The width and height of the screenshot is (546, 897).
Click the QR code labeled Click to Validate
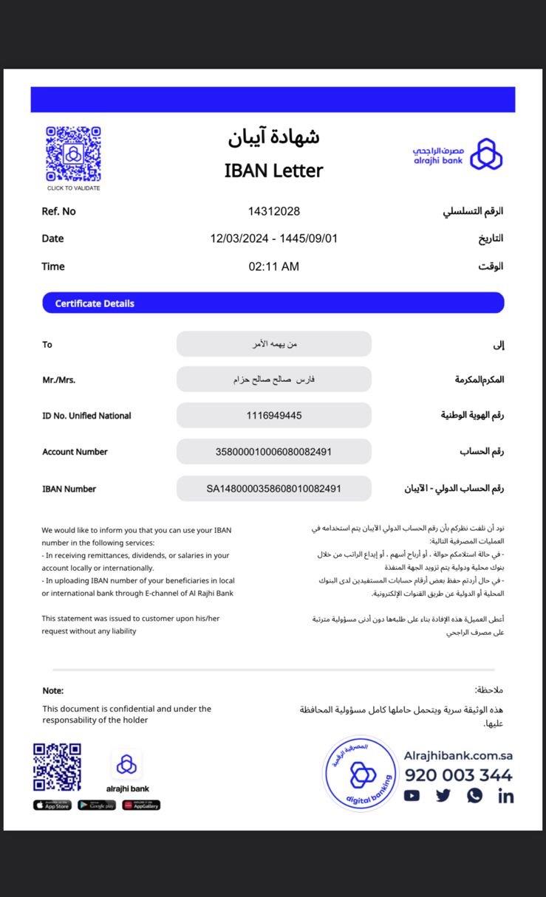73,154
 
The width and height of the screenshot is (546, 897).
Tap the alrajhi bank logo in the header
458,154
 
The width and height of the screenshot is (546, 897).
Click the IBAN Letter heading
273,171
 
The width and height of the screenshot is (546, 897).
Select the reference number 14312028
274,211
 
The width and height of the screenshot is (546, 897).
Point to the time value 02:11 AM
273,267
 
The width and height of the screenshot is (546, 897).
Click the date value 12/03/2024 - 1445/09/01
273,238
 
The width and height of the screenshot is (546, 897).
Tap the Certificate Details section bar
273,303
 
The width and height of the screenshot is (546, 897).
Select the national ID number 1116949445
274,416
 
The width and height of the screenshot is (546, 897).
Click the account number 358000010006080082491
273,452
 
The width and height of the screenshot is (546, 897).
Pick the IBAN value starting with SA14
273,489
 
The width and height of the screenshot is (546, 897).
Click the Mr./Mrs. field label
59,380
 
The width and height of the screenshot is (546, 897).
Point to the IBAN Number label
69,489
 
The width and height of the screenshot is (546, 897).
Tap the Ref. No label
59,211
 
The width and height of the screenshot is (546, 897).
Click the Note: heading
53,691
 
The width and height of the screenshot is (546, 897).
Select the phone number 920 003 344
458,775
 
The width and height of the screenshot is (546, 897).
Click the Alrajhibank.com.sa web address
458,755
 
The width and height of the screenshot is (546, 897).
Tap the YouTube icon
412,796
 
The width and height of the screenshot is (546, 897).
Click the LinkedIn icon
506,796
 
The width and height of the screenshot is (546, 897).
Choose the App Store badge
52,805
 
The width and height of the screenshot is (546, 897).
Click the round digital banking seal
362,774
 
